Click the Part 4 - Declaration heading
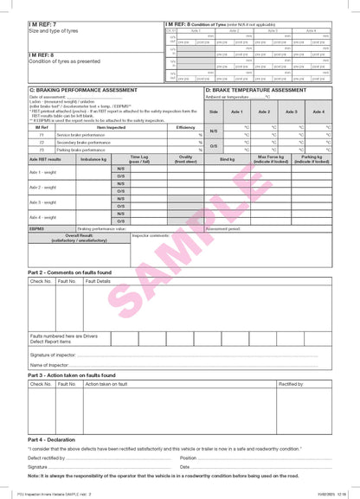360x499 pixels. [51, 440]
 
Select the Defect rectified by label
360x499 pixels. [49, 457]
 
